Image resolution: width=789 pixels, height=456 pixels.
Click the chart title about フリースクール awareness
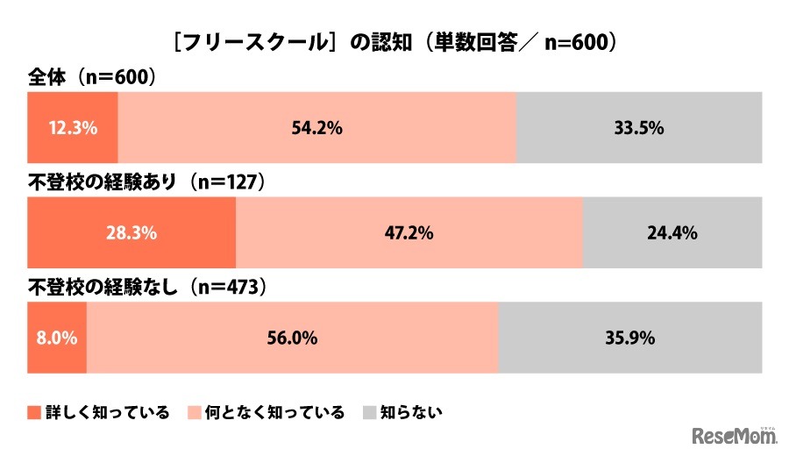click(x=394, y=42)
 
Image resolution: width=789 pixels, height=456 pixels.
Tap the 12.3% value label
click(x=73, y=128)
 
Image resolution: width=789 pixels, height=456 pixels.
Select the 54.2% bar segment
click(x=316, y=128)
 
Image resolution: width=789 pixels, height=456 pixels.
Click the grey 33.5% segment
click(x=638, y=128)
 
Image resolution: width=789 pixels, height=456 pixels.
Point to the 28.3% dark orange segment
click(x=131, y=233)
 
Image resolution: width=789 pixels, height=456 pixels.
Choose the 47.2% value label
click(x=409, y=233)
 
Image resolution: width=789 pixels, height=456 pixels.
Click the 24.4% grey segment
click(x=672, y=233)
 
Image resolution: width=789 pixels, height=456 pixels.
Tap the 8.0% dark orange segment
click(x=57, y=338)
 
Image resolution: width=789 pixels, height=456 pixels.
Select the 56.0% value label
click(x=292, y=338)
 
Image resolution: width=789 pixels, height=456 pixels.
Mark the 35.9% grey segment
click(x=629, y=338)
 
